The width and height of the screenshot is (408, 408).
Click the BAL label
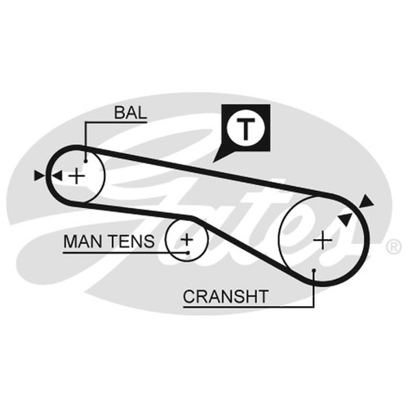point(131,113)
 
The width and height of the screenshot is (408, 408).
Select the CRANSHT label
point(226,296)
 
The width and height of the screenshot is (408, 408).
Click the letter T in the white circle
point(246,129)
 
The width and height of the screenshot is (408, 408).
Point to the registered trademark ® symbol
point(393,247)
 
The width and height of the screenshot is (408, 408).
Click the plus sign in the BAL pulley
point(77,176)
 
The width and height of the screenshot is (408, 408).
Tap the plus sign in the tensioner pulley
point(187,240)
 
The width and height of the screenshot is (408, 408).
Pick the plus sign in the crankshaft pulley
point(322,241)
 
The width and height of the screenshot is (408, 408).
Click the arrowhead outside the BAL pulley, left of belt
point(39,175)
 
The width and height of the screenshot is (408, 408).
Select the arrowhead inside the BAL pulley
point(57,175)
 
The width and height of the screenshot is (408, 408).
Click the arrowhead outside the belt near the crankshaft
point(366,202)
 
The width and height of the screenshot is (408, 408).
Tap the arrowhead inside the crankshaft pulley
point(345,219)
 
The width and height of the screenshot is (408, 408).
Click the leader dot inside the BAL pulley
point(86,162)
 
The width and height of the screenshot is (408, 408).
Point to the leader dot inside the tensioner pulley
point(188,253)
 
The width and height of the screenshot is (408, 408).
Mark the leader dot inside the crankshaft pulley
point(314,270)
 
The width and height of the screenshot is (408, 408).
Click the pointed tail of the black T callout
point(214,162)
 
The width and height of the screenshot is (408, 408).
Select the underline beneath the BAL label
point(116,122)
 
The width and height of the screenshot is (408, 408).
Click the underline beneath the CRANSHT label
point(249,307)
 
